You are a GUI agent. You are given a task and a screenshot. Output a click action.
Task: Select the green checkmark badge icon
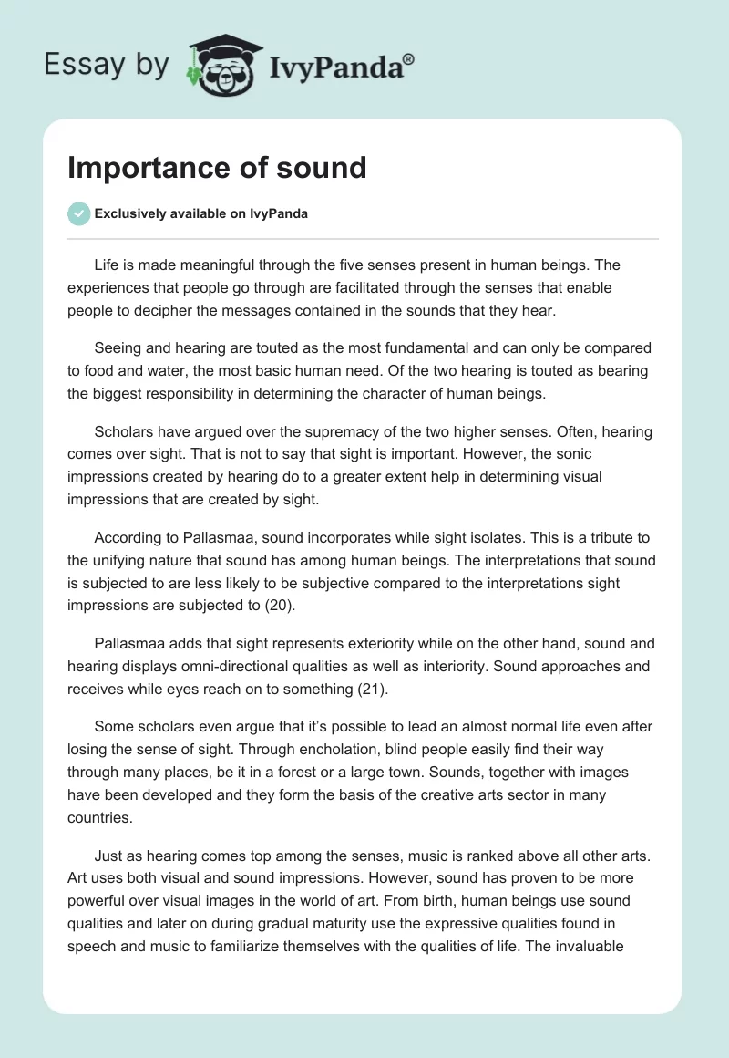click(78, 213)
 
